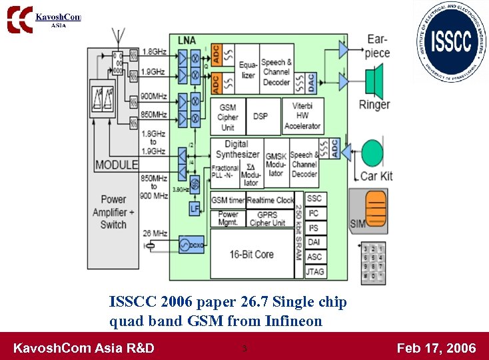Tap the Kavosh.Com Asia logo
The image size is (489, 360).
point(44,18)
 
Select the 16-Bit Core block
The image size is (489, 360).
point(251,253)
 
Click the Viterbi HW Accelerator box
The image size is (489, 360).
point(302,116)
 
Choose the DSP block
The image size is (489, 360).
point(260,116)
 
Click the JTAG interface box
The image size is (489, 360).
point(315,271)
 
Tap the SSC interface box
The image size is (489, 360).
point(315,199)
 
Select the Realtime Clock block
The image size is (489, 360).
point(270,200)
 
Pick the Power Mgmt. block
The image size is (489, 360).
point(228,218)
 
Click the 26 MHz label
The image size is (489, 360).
point(156,233)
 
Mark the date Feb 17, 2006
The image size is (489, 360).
point(436,347)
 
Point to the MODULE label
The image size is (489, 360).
point(117,165)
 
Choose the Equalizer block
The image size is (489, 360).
point(248,71)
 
